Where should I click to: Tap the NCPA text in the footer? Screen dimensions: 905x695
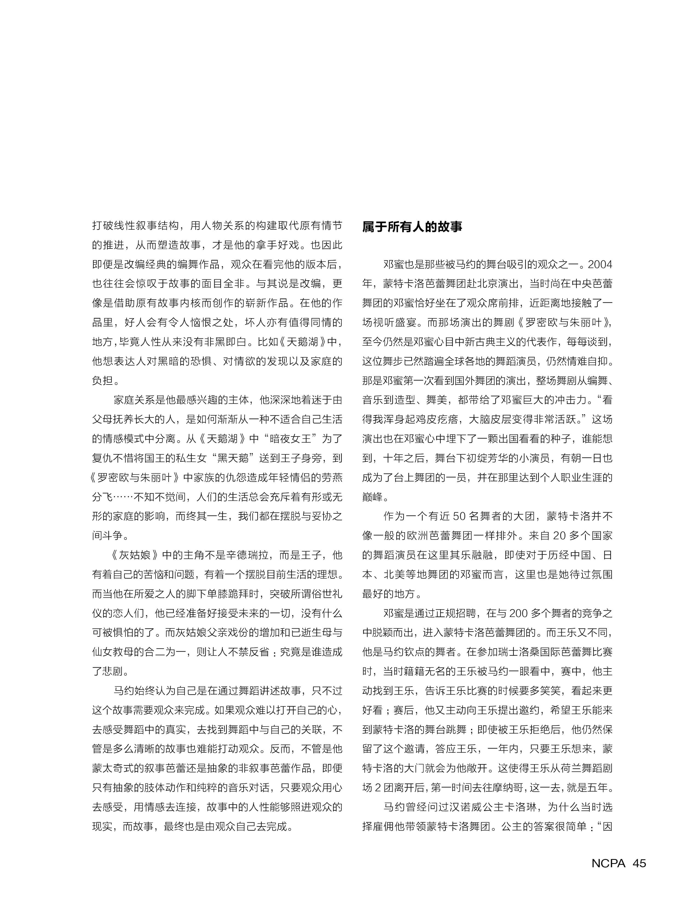(x=608, y=863)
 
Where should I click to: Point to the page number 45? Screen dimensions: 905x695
(x=639, y=863)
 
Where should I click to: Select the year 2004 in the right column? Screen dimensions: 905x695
(x=600, y=265)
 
